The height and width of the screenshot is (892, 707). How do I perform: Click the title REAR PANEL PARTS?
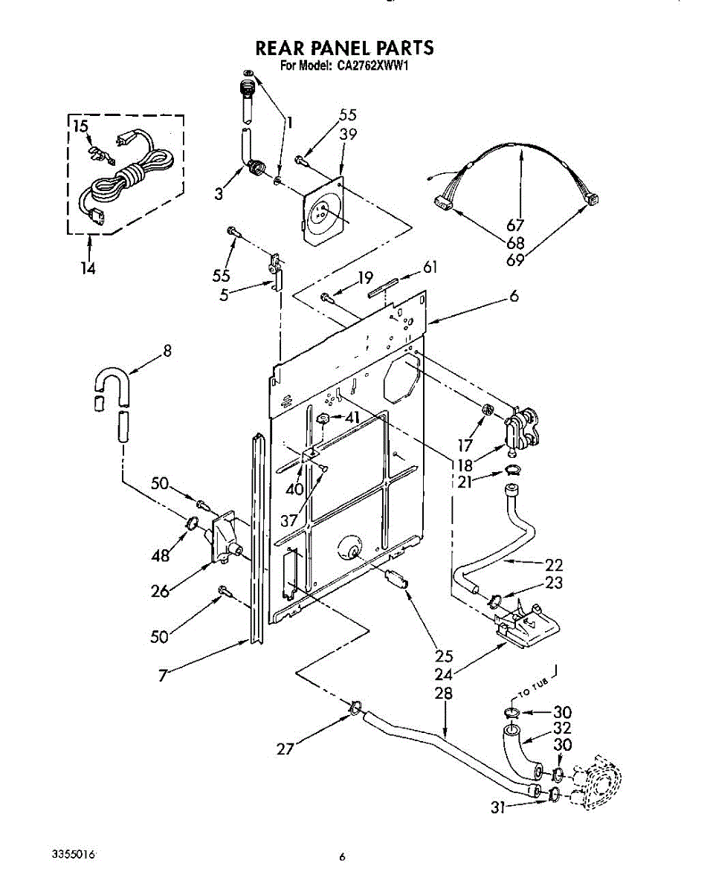point(344,48)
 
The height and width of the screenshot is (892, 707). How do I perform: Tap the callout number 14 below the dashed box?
point(88,269)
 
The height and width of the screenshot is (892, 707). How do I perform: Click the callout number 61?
point(430,268)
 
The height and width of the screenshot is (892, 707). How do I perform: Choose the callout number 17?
point(465,446)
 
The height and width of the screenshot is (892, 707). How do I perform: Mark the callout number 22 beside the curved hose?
point(554,564)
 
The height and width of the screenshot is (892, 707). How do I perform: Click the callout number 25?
point(445,655)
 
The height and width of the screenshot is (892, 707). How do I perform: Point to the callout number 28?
point(443,693)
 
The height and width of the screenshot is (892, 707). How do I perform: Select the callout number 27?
point(285,749)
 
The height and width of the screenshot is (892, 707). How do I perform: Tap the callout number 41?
point(352,418)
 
